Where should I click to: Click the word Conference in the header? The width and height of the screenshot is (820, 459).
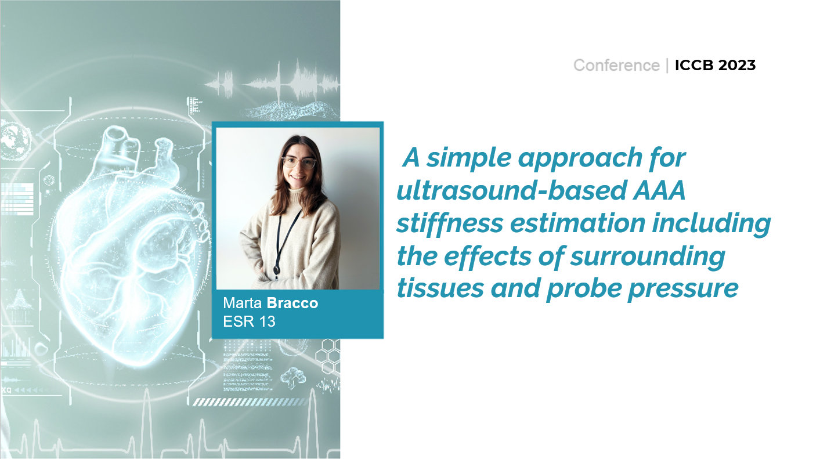click(616, 65)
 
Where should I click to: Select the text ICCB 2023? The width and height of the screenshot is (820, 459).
click(716, 65)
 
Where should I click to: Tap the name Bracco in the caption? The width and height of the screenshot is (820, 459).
click(292, 303)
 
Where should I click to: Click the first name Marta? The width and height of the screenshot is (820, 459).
click(243, 303)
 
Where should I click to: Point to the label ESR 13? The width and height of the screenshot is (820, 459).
click(249, 321)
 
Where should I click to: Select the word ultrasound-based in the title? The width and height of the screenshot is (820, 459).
click(512, 190)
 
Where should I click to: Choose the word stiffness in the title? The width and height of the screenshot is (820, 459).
click(450, 223)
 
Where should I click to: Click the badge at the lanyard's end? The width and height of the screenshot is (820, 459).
click(277, 270)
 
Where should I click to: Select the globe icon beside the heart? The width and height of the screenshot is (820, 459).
click(15, 142)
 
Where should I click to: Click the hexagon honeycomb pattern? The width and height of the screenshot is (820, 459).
click(328, 356)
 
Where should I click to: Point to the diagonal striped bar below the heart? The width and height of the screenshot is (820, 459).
click(250, 402)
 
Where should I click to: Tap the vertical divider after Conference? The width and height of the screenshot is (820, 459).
click(667, 66)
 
